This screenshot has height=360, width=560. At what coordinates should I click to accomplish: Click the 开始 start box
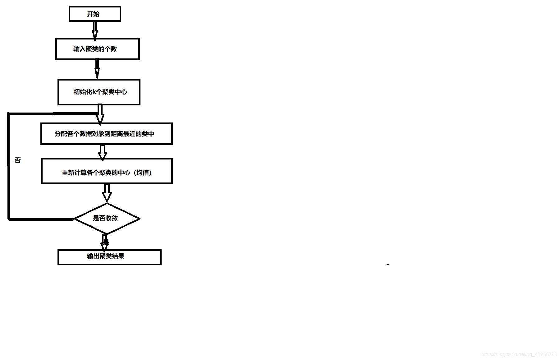pos(95,14)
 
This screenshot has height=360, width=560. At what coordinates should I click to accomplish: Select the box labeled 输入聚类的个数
pos(97,49)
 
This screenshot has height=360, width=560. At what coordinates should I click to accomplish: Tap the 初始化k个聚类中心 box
pos(99,92)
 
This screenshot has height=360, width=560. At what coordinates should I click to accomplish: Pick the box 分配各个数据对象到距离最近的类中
pos(106,134)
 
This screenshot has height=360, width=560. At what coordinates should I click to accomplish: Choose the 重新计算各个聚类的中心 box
pos(107,171)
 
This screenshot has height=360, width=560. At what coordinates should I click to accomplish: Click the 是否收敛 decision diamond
pos(107,218)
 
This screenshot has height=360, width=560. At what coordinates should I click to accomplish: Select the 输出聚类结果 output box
pos(109,257)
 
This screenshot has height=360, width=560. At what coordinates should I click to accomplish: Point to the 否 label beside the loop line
pos(18,160)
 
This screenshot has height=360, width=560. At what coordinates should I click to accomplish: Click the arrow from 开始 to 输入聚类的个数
pos(95,30)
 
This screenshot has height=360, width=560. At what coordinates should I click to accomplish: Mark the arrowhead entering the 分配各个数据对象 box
pos(100,119)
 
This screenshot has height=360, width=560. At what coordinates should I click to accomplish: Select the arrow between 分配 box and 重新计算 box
pos(102,152)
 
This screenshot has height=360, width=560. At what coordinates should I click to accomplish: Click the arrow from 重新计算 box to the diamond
pos(107,193)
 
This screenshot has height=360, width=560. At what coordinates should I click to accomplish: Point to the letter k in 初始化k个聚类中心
pos(94,92)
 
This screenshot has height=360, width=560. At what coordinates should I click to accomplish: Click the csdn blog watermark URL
pos(519,354)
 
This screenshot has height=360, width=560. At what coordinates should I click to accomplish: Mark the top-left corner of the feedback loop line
pos(9,114)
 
